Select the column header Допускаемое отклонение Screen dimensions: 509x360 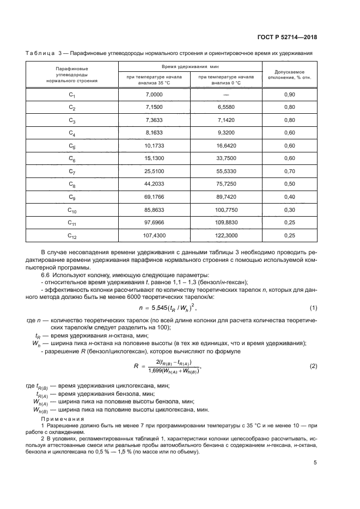click(x=289, y=74)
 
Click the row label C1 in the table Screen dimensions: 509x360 click(x=72, y=95)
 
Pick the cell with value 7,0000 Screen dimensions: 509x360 click(x=154, y=95)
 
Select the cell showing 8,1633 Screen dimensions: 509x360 click(x=154, y=133)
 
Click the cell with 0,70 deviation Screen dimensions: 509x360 click(x=289, y=171)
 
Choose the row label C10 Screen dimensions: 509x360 click(x=72, y=210)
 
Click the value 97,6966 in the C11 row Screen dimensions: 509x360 click(x=154, y=223)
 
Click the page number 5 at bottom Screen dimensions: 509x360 click(x=315, y=463)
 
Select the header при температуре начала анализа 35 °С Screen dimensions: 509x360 click(x=154, y=80)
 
